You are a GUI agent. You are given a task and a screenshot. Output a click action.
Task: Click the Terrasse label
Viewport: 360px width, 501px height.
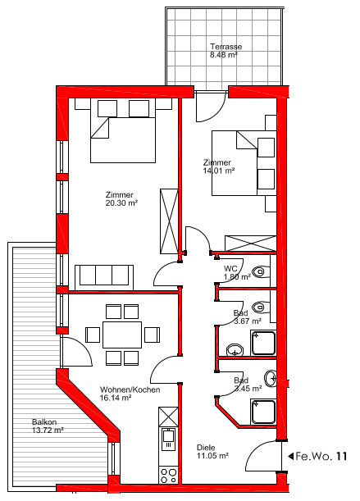226,47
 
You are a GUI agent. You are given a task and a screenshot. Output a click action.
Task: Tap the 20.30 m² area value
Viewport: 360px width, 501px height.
121,203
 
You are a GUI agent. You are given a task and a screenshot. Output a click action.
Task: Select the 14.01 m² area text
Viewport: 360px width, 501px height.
219,171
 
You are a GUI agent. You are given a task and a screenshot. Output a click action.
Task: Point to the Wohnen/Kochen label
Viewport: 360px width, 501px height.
130,389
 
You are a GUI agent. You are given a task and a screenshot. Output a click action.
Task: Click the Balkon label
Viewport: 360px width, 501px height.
44,422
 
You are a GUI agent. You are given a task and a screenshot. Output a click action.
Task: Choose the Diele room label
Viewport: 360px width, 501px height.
206,448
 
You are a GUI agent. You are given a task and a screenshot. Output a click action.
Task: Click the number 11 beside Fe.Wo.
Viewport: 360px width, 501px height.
341,456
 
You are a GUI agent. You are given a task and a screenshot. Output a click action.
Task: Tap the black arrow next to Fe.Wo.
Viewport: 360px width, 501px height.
290,456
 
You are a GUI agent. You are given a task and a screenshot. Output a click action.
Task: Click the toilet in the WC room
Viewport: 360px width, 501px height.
261,272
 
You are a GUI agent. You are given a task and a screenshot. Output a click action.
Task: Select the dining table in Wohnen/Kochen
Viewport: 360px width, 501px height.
122,335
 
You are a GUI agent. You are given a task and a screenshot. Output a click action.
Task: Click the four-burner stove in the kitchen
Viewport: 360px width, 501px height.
168,475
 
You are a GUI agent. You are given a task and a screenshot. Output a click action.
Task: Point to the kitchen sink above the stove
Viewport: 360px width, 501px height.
168,440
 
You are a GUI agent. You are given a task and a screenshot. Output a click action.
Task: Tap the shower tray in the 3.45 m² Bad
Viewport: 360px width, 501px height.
263,412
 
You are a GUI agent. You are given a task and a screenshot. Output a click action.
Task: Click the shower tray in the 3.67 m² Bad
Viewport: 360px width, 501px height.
263,343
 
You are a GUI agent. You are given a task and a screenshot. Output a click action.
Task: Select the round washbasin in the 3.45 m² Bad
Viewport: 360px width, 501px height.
271,379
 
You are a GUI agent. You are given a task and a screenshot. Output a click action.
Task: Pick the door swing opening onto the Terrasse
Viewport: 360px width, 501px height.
211,107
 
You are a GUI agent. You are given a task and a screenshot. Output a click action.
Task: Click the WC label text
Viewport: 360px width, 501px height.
230,268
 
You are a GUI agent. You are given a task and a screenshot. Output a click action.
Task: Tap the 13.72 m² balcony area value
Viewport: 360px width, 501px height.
48,430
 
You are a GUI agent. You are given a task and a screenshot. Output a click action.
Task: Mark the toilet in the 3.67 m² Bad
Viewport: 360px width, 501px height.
261,307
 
